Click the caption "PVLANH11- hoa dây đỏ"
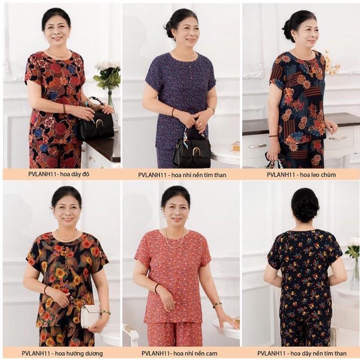click(x=59, y=174)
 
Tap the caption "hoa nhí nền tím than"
click(x=198, y=175)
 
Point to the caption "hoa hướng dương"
click(x=79, y=353)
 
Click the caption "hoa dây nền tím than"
click(x=318, y=353)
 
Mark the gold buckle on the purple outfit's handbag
click(x=196, y=152)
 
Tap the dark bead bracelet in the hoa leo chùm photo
click(x=273, y=136)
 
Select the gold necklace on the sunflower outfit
click(x=67, y=236)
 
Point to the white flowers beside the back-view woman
click(x=352, y=248)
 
